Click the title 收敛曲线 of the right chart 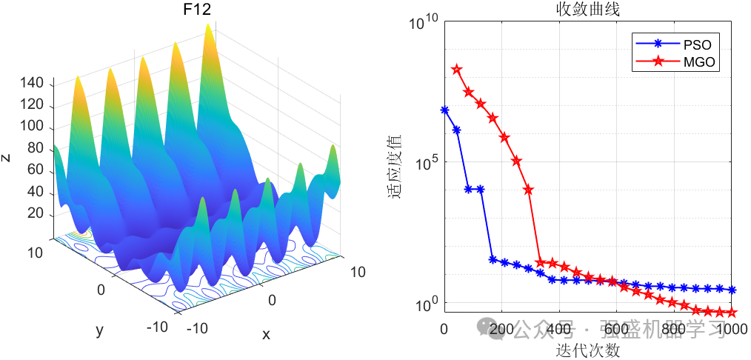click(588, 10)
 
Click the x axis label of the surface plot click(266, 334)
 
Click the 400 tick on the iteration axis click(559, 329)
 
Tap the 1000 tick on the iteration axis click(731, 329)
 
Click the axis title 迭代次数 click(588, 348)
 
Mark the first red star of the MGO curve click(456, 69)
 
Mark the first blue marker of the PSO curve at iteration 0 click(444, 110)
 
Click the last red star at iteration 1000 click(732, 313)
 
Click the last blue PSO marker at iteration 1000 click(732, 290)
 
